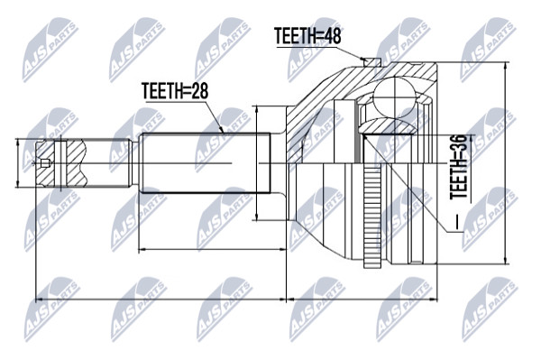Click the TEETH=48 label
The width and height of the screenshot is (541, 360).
coord(307,35)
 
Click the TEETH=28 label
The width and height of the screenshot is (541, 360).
coord(175,91)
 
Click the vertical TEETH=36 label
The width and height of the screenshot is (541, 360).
coord(459,167)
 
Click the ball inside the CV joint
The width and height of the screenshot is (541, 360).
coord(395,98)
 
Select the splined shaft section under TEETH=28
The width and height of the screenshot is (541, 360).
coord(205,163)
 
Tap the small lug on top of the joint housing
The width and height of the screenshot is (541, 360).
coord(371,62)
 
